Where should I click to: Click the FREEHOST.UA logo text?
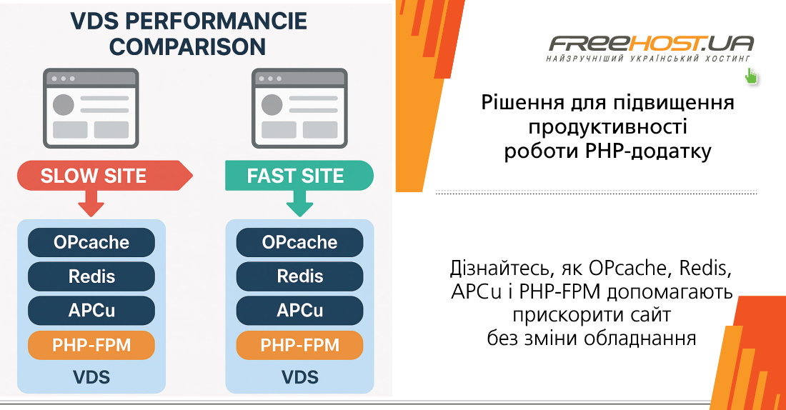(x=650, y=44)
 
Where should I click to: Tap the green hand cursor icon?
(x=751, y=76)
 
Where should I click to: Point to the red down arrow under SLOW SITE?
(x=91, y=203)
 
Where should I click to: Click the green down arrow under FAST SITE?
(x=300, y=203)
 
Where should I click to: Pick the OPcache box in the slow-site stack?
(x=91, y=242)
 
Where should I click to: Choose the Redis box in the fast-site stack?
(x=300, y=276)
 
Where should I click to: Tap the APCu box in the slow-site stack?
(x=91, y=311)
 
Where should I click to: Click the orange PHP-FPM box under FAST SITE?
(x=300, y=345)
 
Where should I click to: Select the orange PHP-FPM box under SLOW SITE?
(x=91, y=345)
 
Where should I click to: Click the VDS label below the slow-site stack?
(x=91, y=376)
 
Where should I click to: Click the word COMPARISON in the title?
(x=189, y=46)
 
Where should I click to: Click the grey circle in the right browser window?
(x=272, y=104)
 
